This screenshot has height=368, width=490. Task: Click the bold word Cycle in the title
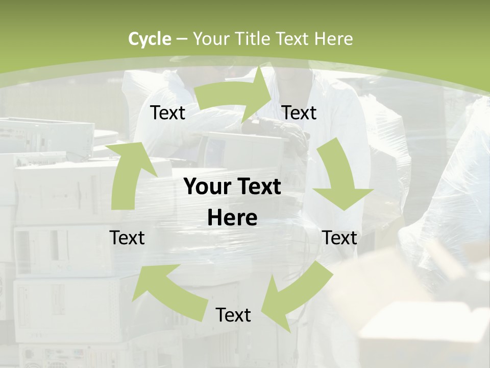pos(150,39)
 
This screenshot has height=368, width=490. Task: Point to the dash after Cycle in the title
pos(181,39)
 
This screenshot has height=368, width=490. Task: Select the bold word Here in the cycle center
pos(232,218)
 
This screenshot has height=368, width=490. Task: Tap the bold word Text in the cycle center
pos(257,187)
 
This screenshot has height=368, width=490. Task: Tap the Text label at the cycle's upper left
pos(168,113)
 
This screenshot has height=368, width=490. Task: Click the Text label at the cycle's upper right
pos(299,113)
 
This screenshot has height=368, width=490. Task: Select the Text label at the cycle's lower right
pos(340,238)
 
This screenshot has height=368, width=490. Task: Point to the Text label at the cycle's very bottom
pos(233,315)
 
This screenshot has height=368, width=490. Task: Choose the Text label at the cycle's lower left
pos(127,238)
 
